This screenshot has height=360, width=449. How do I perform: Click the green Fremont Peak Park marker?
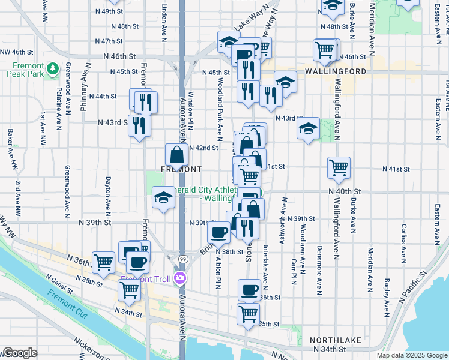52,69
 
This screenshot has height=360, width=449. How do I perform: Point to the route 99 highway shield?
182,258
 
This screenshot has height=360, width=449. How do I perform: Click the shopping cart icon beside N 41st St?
339,167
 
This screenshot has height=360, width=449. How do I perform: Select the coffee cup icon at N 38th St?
218,232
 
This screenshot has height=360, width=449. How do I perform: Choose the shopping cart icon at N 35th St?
249,313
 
